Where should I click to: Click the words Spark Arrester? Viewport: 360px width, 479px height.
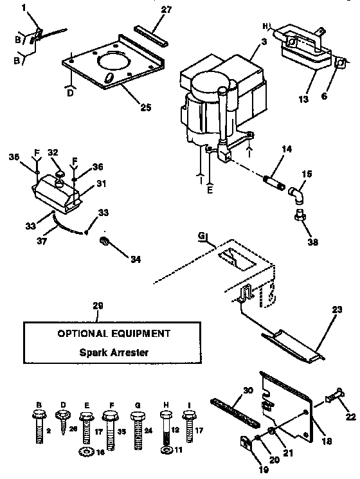pyautogui.click(x=113, y=352)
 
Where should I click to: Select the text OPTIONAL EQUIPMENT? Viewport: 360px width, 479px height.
pyautogui.click(x=114, y=334)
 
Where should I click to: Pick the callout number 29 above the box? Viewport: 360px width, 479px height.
pyautogui.click(x=98, y=307)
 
